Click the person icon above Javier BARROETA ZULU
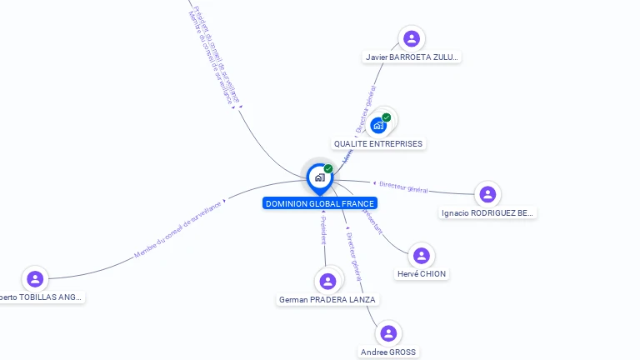pos(411,38)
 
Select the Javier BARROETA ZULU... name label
pos(412,57)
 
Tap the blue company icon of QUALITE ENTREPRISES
pos(378,126)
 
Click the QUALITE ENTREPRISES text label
pos(378,143)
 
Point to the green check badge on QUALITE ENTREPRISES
pos(387,117)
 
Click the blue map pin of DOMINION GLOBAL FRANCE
pos(319,177)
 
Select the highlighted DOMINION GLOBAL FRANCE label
pos(320,203)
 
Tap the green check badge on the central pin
pos(328,169)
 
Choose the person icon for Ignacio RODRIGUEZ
pos(487,194)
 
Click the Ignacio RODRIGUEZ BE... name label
pos(488,213)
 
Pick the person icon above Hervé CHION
pos(421,256)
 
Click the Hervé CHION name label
pos(422,274)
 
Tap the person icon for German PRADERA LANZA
pos(327,281)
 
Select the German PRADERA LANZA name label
pos(327,299)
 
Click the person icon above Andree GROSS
pos(387,333)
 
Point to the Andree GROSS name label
pos(388,352)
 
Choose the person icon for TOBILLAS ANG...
pos(34,278)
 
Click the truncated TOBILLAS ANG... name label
pos(42,297)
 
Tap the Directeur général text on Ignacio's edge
pos(403,187)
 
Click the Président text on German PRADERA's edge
pos(323,229)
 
